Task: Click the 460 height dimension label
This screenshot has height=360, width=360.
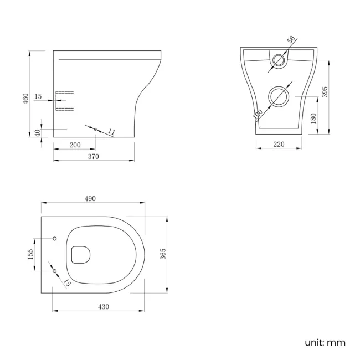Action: pyautogui.click(x=25, y=99)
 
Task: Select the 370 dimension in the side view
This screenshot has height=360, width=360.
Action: pyautogui.click(x=93, y=157)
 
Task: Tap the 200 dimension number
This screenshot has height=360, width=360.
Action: pyautogui.click(x=75, y=145)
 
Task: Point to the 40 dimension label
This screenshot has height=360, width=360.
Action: pyautogui.click(x=37, y=133)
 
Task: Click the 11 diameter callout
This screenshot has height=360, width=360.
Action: pyautogui.click(x=111, y=132)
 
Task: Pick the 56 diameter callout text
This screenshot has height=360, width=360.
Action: pyautogui.click(x=291, y=40)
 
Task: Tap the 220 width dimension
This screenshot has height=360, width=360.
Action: pyautogui.click(x=279, y=145)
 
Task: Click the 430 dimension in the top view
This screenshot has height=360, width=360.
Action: pyautogui.click(x=103, y=306)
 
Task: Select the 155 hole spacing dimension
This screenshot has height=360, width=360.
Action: pyautogui.click(x=30, y=254)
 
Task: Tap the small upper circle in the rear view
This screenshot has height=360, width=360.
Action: pyautogui.click(x=279, y=60)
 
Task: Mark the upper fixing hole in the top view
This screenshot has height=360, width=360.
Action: pyautogui.click(x=54, y=238)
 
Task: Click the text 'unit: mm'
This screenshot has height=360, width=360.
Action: pyautogui.click(x=325, y=342)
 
